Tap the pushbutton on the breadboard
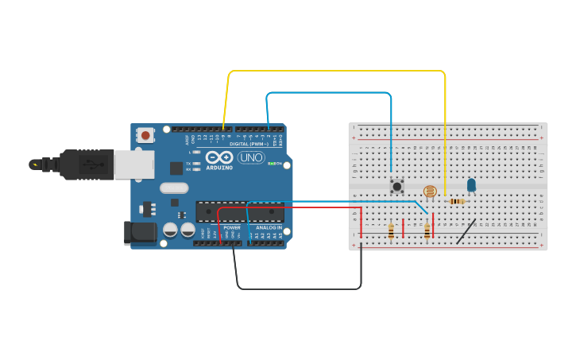[396, 187]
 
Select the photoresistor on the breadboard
[430, 191]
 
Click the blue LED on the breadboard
[471, 185]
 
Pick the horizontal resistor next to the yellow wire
[456, 201]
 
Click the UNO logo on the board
[251, 157]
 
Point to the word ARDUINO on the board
[219, 168]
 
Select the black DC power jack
[138, 231]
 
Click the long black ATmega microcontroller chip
[240, 212]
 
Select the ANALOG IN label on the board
[268, 227]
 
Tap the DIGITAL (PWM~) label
[248, 144]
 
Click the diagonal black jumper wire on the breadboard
[466, 231]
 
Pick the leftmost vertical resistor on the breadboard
[391, 230]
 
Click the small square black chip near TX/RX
[176, 168]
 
